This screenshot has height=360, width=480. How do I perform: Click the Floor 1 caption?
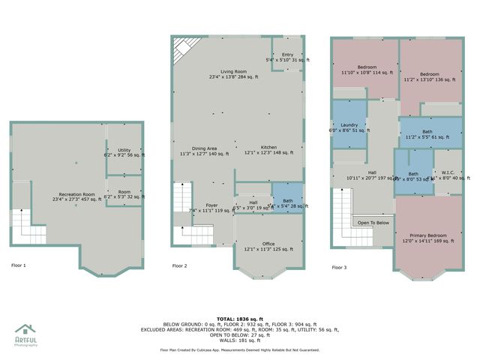click(x=19, y=265)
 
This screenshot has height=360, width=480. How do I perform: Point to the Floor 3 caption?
click(x=340, y=266)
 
